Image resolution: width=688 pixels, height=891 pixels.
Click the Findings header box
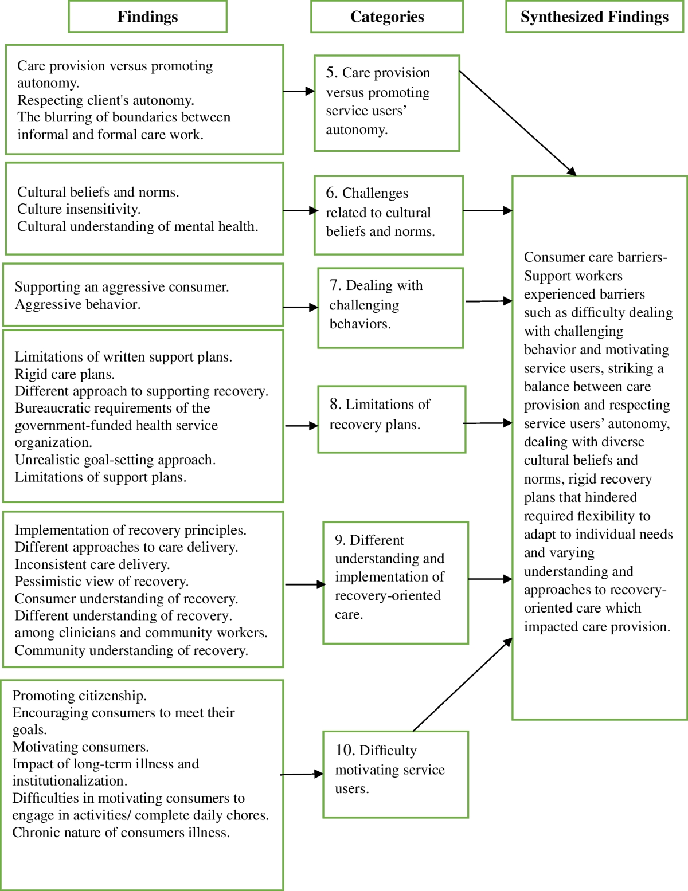[147, 17]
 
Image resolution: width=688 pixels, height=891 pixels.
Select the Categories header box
[387, 17]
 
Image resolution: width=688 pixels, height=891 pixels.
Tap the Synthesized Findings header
[595, 17]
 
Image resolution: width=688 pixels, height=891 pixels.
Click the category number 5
[331, 73]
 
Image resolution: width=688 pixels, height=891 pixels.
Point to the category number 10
[344, 751]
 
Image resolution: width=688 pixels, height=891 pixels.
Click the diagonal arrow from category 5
[518, 124]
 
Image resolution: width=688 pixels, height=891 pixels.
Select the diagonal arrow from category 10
[462, 685]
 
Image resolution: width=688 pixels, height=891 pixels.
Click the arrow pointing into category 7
[301, 308]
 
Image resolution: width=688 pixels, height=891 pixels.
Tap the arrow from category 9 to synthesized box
[490, 579]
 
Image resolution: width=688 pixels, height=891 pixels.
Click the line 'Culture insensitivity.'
[79, 209]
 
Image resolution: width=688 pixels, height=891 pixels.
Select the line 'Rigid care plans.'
[65, 374]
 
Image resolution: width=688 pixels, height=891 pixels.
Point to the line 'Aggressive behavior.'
[77, 304]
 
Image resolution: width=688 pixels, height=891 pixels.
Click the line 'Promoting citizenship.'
[80, 696]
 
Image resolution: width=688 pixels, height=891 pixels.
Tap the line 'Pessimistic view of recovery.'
[101, 582]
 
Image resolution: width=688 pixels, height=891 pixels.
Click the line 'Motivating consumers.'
[81, 747]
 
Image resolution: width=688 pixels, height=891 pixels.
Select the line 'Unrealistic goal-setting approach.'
[115, 460]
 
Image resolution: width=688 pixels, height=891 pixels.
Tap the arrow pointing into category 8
[302, 426]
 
